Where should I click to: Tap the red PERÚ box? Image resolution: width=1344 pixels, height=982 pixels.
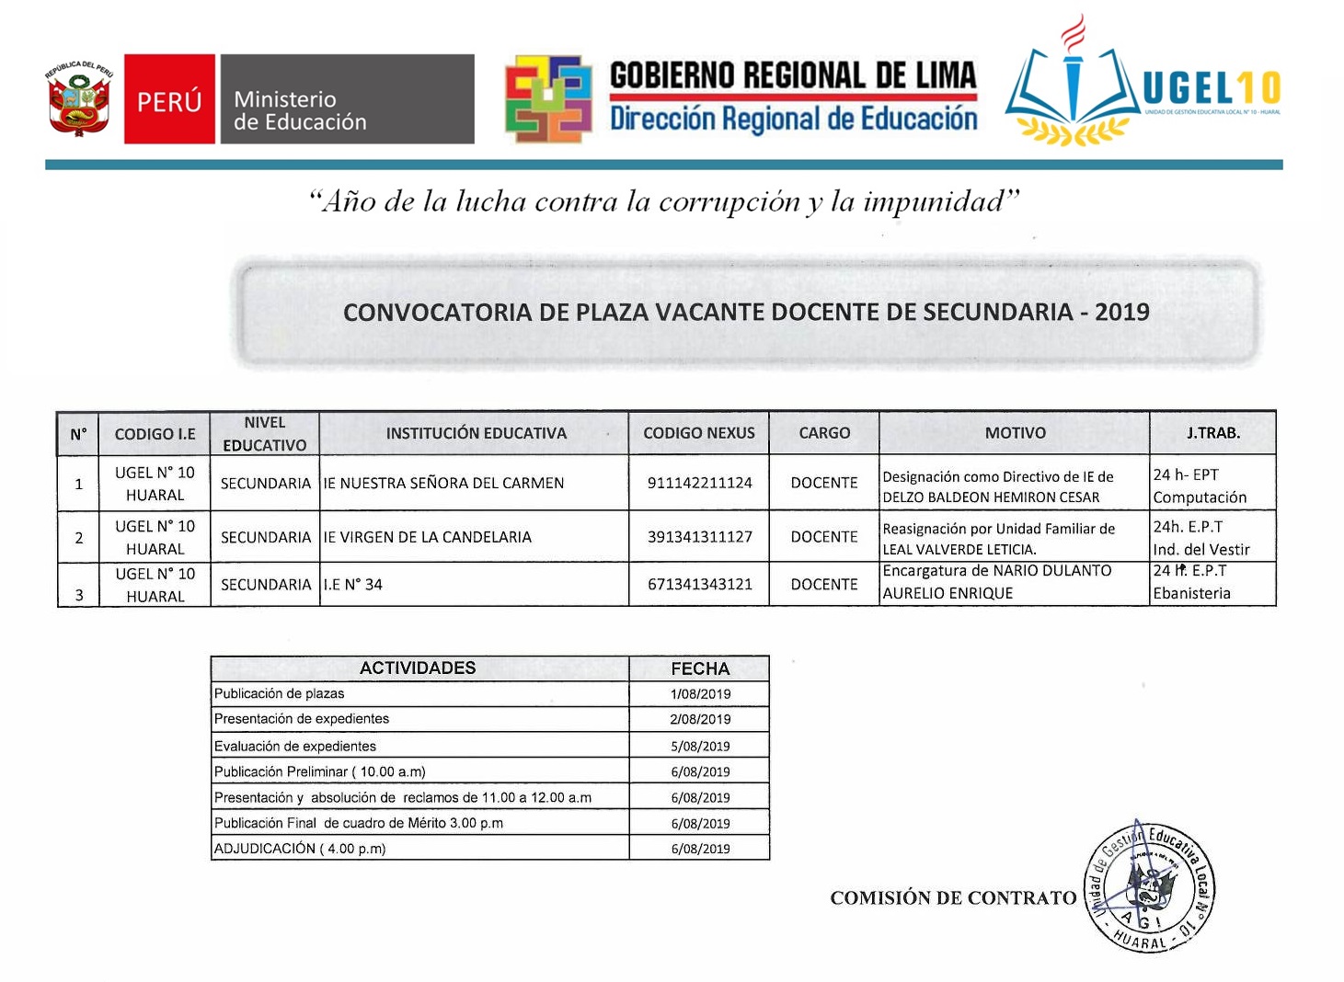coord(170,99)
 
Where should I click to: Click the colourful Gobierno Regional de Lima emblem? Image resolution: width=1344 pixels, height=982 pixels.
coord(547,99)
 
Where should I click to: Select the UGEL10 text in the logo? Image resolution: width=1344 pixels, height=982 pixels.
coord(1211,89)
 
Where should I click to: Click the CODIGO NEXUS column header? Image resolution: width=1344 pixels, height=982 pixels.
coord(699,433)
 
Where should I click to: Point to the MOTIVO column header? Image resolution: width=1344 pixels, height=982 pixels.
coord(1015,433)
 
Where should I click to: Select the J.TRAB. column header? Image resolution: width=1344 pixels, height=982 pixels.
coord(1212,433)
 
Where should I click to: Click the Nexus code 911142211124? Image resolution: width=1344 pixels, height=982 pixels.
coord(699,483)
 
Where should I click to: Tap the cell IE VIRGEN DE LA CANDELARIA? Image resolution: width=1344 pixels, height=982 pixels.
coord(427,537)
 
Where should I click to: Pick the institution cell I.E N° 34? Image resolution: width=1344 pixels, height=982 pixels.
coord(352,585)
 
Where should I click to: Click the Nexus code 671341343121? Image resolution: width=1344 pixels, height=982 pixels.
coord(699,585)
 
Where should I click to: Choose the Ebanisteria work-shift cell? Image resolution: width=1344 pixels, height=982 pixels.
coord(1191,593)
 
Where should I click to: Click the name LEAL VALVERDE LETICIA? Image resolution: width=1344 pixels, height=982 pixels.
coord(959,549)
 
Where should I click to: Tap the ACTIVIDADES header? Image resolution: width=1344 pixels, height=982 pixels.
coord(418,668)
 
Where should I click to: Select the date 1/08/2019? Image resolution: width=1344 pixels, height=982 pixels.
coord(700,694)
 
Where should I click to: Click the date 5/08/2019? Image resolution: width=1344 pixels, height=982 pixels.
coord(700,747)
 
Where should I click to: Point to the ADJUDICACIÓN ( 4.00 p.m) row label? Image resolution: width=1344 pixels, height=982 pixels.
coord(300,849)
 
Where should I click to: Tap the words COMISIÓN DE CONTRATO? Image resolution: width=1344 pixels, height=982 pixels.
coord(953,898)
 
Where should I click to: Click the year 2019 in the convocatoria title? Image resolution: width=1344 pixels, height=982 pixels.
coord(1122,313)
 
